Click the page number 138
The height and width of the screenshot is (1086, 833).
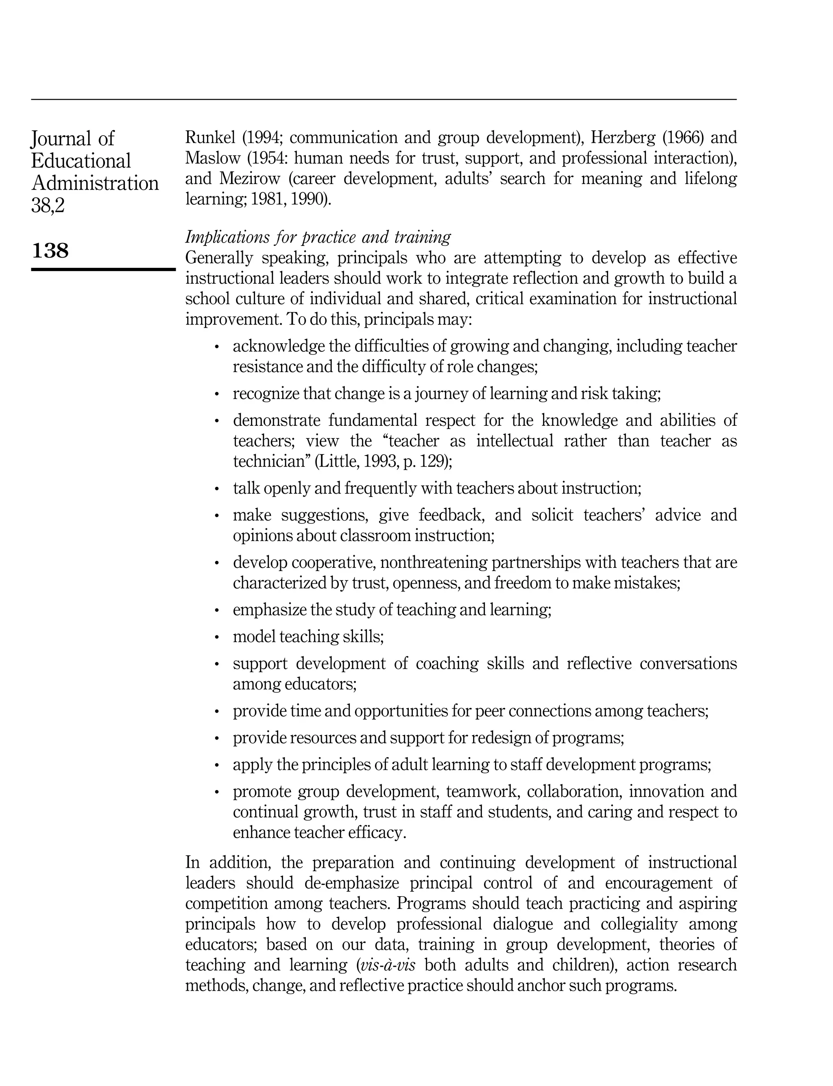(50, 251)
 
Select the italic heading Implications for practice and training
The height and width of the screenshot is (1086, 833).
(318, 237)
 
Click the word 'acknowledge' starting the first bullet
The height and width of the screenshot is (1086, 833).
(278, 346)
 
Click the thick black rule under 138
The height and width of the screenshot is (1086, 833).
(103, 269)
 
